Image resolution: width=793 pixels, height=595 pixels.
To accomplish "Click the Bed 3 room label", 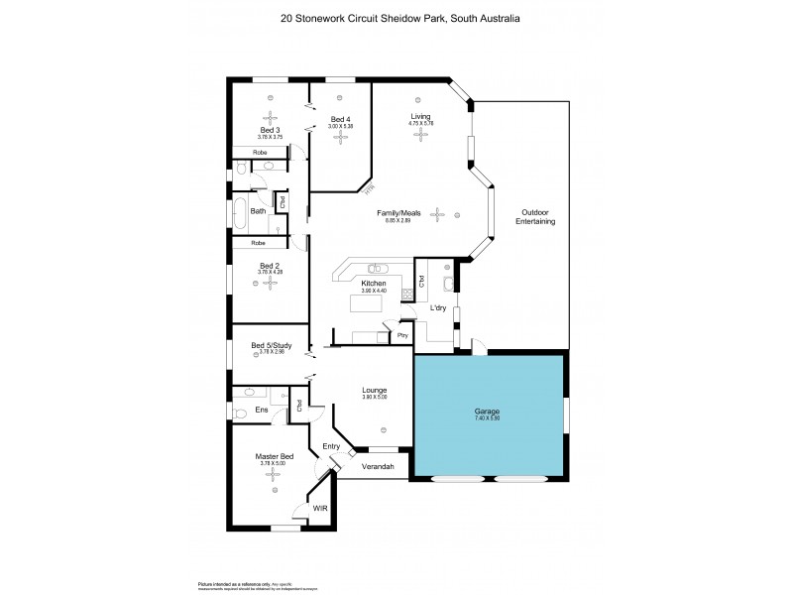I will (x=271, y=130).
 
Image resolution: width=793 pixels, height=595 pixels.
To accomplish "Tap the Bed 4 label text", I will (x=340, y=121).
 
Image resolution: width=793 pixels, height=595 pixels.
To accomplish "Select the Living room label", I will (x=421, y=117).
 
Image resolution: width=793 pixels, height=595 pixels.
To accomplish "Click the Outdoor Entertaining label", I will (x=534, y=217).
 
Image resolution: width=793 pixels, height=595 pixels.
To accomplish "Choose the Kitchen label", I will (x=373, y=284).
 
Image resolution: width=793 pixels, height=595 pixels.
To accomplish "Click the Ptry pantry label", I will (x=403, y=335).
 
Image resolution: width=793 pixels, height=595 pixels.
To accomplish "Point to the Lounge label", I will (x=374, y=391).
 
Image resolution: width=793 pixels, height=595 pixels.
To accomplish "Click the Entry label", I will (x=331, y=446).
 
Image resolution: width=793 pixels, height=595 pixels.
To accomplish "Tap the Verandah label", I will (x=378, y=466).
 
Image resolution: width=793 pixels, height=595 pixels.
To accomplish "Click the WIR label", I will (x=319, y=508).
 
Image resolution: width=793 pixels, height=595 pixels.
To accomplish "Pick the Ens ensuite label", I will (x=262, y=410).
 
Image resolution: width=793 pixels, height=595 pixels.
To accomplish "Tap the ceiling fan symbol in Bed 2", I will (x=270, y=285).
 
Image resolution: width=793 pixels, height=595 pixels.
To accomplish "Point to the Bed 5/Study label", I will (x=270, y=345).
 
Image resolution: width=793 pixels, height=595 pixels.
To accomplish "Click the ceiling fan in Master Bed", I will (x=271, y=475).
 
